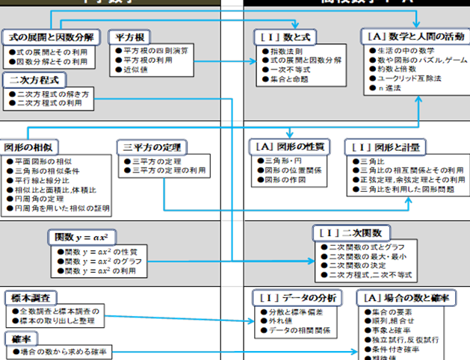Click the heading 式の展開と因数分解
pyautogui.click(x=50, y=37)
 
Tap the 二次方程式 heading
pyautogui.click(x=35, y=78)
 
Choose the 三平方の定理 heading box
pyautogui.click(x=152, y=146)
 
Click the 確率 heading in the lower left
pyautogui.click(x=20, y=337)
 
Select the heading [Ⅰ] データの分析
pyautogui.click(x=297, y=297)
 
